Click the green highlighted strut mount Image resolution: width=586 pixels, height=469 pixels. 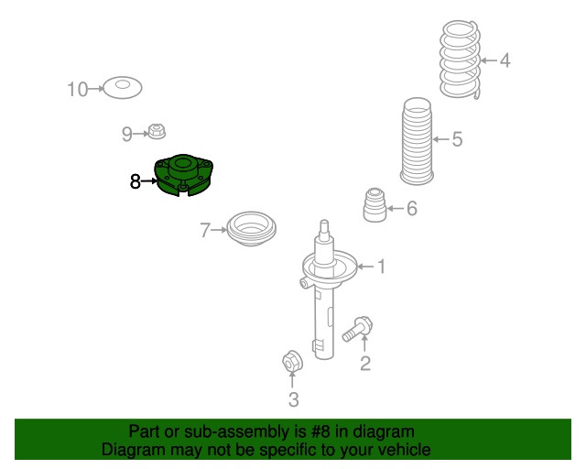pyautogui.click(x=183, y=174)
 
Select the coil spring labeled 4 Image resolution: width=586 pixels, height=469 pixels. pyautogui.click(x=460, y=60)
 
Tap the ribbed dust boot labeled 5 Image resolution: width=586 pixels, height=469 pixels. pyautogui.click(x=418, y=141)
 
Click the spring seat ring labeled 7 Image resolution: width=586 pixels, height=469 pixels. pyautogui.click(x=252, y=229)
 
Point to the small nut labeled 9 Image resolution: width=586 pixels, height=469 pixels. pyautogui.click(x=157, y=131)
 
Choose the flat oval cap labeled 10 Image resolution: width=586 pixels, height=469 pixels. pyautogui.click(x=123, y=88)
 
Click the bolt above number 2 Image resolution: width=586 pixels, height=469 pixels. pyautogui.click(x=358, y=329)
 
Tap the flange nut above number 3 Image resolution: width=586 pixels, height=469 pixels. pyautogui.click(x=292, y=361)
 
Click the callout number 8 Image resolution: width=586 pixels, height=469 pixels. pyautogui.click(x=135, y=181)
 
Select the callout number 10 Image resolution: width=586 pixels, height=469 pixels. pyautogui.click(x=77, y=90)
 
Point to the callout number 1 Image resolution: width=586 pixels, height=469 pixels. pyautogui.click(x=381, y=267)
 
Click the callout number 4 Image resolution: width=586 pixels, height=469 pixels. pyautogui.click(x=505, y=60)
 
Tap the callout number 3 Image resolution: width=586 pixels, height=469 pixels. pyautogui.click(x=294, y=399)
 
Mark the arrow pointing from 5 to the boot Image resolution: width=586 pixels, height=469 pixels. pyautogui.click(x=440, y=139)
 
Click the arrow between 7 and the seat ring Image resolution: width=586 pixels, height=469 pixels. pyautogui.click(x=219, y=230)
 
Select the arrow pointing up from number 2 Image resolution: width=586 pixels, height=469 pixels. pyautogui.click(x=364, y=343)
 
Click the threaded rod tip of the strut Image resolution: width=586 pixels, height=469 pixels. pyautogui.click(x=324, y=226)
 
